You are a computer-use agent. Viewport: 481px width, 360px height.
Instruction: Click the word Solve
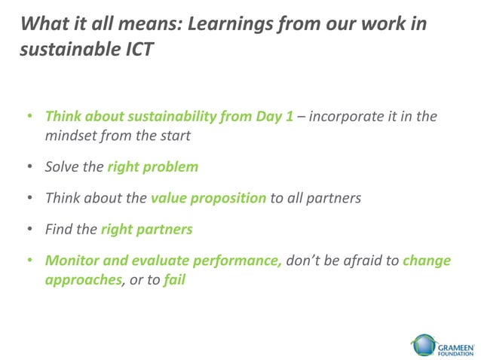(x=63, y=167)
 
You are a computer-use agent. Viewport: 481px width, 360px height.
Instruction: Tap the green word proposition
(x=231, y=198)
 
